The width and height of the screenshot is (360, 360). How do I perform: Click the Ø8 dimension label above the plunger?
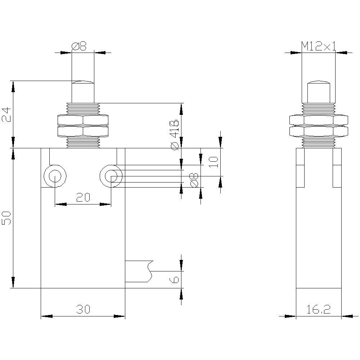tap(79, 46)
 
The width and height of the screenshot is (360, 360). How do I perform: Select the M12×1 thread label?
tap(318, 46)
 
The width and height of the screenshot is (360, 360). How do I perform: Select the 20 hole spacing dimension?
tap(83, 197)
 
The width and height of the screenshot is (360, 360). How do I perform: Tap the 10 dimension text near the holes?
tap(213, 162)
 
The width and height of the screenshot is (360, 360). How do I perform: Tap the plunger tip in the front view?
tap(83, 84)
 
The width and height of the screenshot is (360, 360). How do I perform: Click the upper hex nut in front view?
tap(83, 120)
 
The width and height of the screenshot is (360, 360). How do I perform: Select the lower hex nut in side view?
tap(319, 131)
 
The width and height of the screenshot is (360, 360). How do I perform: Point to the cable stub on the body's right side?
tap(139, 271)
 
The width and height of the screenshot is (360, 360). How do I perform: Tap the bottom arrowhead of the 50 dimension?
tap(13, 282)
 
